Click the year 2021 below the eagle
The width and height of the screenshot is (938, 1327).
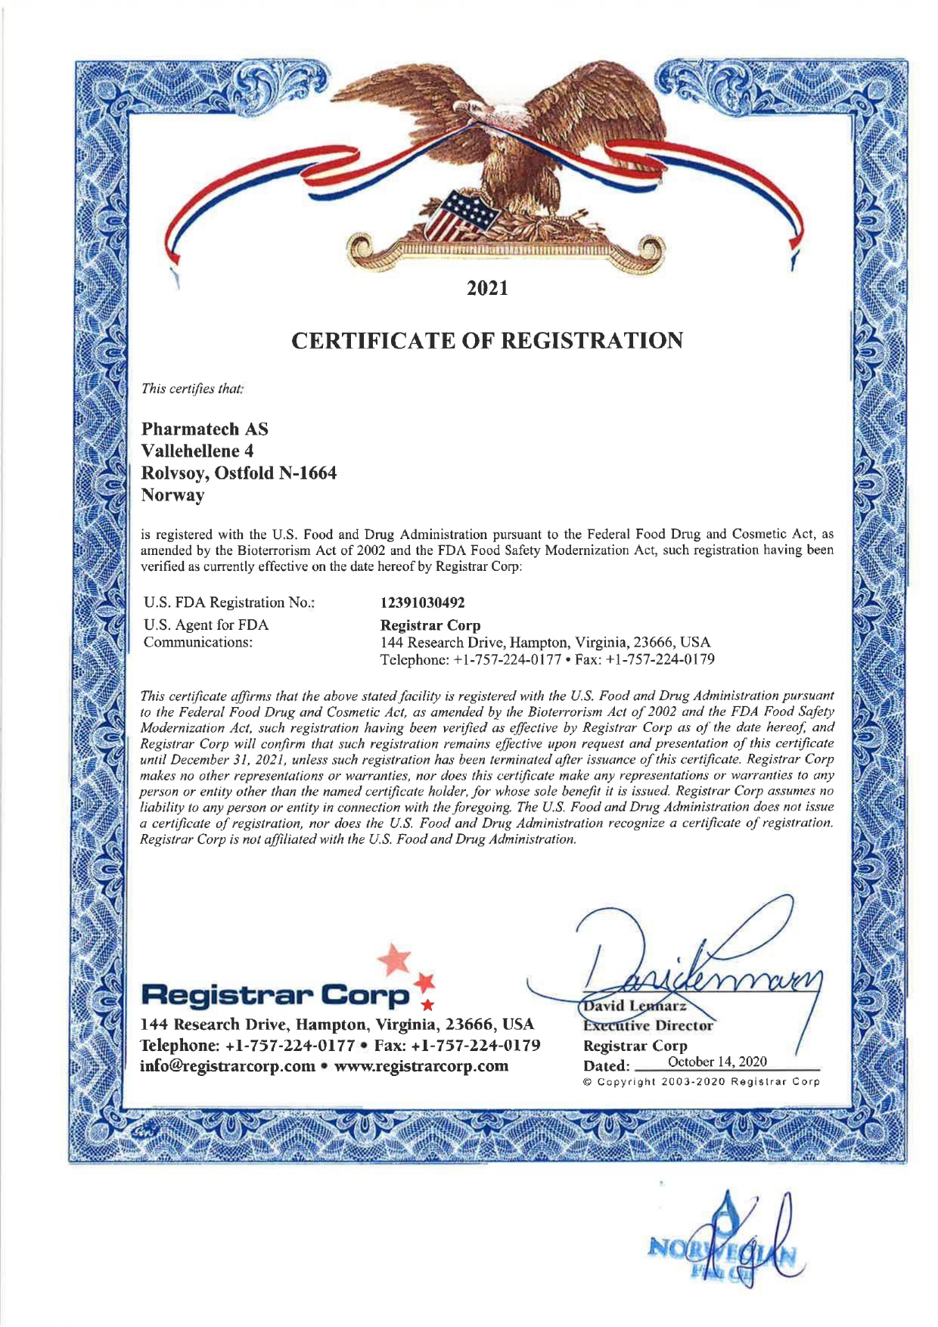(487, 288)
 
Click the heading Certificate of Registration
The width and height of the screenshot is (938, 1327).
(487, 341)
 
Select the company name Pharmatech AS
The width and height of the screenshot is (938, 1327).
(205, 429)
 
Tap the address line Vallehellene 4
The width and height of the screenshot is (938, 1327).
(197, 451)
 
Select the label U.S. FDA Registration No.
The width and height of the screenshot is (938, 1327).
(229, 603)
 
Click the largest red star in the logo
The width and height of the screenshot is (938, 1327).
(394, 960)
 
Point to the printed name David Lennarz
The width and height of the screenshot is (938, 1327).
(635, 1006)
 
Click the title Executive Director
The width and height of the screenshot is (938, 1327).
(648, 1026)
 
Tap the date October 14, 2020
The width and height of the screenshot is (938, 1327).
(718, 1062)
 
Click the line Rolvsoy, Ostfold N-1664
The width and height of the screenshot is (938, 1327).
(239, 474)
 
